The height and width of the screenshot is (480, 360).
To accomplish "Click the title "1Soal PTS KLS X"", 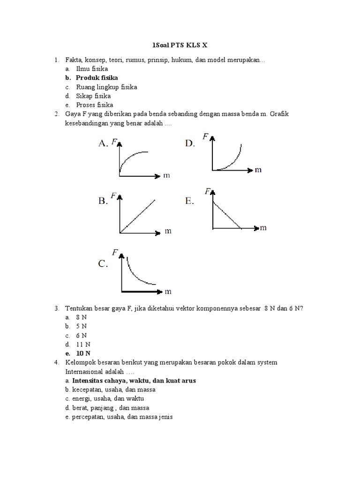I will click(x=180, y=46).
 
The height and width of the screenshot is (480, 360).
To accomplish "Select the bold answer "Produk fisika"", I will click(x=97, y=77).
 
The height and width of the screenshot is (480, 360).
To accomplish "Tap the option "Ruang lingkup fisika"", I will click(x=106, y=87).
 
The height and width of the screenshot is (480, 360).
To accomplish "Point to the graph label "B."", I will click(x=103, y=202).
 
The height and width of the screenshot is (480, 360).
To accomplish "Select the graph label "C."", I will click(x=103, y=264).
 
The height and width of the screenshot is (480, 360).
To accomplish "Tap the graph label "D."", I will click(x=189, y=144).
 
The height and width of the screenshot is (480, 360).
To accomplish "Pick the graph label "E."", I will click(x=189, y=202).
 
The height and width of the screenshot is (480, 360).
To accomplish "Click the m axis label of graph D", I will click(x=258, y=170).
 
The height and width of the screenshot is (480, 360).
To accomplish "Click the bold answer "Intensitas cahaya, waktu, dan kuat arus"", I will click(x=134, y=381).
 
